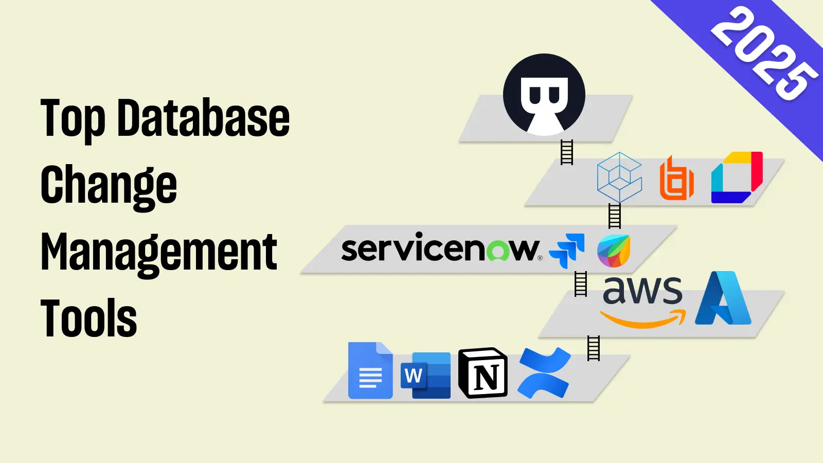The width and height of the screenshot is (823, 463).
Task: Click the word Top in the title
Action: click(x=73, y=119)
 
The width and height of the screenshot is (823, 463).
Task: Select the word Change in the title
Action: click(x=109, y=185)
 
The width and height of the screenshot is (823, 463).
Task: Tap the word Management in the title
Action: click(x=159, y=252)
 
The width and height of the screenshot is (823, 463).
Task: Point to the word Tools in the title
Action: click(x=88, y=318)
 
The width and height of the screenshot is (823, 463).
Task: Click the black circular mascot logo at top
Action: click(x=544, y=95)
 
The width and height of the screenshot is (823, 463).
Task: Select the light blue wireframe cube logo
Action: click(x=619, y=177)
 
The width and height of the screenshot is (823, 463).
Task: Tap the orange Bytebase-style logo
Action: click(x=676, y=178)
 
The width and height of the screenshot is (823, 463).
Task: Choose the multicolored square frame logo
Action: click(x=737, y=177)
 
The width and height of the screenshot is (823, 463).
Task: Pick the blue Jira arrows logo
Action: click(x=567, y=250)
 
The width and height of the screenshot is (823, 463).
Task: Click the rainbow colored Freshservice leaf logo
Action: click(x=614, y=251)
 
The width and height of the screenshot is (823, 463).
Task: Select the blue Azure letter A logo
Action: click(x=723, y=299)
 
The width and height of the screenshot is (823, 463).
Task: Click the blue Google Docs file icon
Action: click(x=370, y=370)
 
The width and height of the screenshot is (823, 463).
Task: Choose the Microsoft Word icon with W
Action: click(x=425, y=376)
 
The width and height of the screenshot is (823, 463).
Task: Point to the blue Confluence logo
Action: click(x=544, y=373)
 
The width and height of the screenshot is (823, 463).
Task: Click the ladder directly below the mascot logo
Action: click(x=566, y=152)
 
